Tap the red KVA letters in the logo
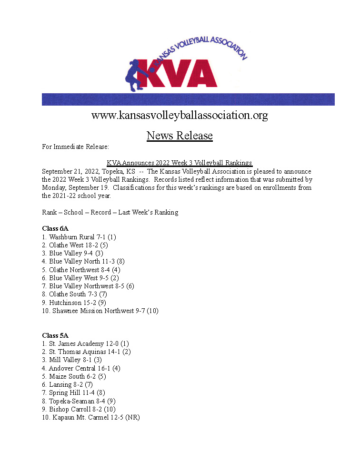181,73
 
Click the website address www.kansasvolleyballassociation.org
180,115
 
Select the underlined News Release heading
180,136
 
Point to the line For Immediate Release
76,147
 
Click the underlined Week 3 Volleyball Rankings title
180,163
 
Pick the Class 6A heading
55,228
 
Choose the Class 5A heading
55,335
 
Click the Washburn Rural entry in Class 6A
79,237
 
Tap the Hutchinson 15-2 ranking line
78,303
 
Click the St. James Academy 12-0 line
86,343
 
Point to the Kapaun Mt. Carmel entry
91,417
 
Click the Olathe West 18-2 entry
75,245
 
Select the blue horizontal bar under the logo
188,99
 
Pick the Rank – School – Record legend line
110,212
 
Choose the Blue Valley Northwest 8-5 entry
88,286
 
